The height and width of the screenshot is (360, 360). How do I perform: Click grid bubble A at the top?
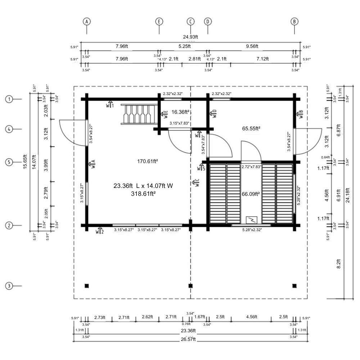click(86, 22)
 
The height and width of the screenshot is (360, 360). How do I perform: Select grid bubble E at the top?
click(159, 22)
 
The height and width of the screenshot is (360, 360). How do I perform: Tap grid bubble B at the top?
click(294, 22)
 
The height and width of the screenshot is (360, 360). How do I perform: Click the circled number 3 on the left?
click(9, 286)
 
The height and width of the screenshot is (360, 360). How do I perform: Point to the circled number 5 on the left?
click(9, 162)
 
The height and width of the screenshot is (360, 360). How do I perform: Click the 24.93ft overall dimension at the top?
click(190, 37)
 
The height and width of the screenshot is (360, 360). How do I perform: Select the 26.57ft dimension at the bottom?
click(188, 339)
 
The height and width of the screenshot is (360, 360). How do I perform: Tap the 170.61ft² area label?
click(147, 161)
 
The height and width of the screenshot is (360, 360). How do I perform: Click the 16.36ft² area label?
click(180, 112)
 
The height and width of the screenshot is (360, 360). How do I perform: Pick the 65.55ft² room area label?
click(251, 129)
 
